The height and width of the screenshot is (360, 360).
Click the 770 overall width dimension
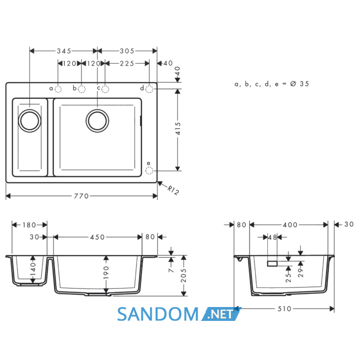pos(81,196)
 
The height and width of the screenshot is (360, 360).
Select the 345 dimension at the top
pos(64,51)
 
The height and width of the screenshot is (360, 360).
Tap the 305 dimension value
pos(127,51)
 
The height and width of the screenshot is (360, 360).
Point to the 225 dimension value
pos(127,63)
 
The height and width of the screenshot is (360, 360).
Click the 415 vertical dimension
pos(178,129)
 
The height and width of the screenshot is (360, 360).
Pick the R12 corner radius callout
pos(173,190)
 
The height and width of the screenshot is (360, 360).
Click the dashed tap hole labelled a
pos(58,89)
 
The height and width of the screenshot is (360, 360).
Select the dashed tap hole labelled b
pos(82,89)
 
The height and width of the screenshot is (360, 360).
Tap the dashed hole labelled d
pos(149,89)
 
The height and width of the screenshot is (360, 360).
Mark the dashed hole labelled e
pos(149,171)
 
